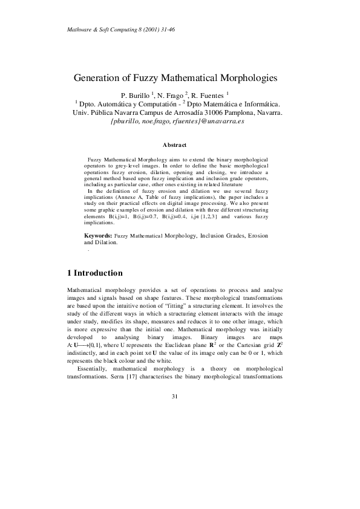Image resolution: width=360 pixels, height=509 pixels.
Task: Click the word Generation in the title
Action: (x=100, y=78)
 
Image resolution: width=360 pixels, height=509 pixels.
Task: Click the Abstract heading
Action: (x=175, y=144)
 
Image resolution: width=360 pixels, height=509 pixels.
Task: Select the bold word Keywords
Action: (x=97, y=235)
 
